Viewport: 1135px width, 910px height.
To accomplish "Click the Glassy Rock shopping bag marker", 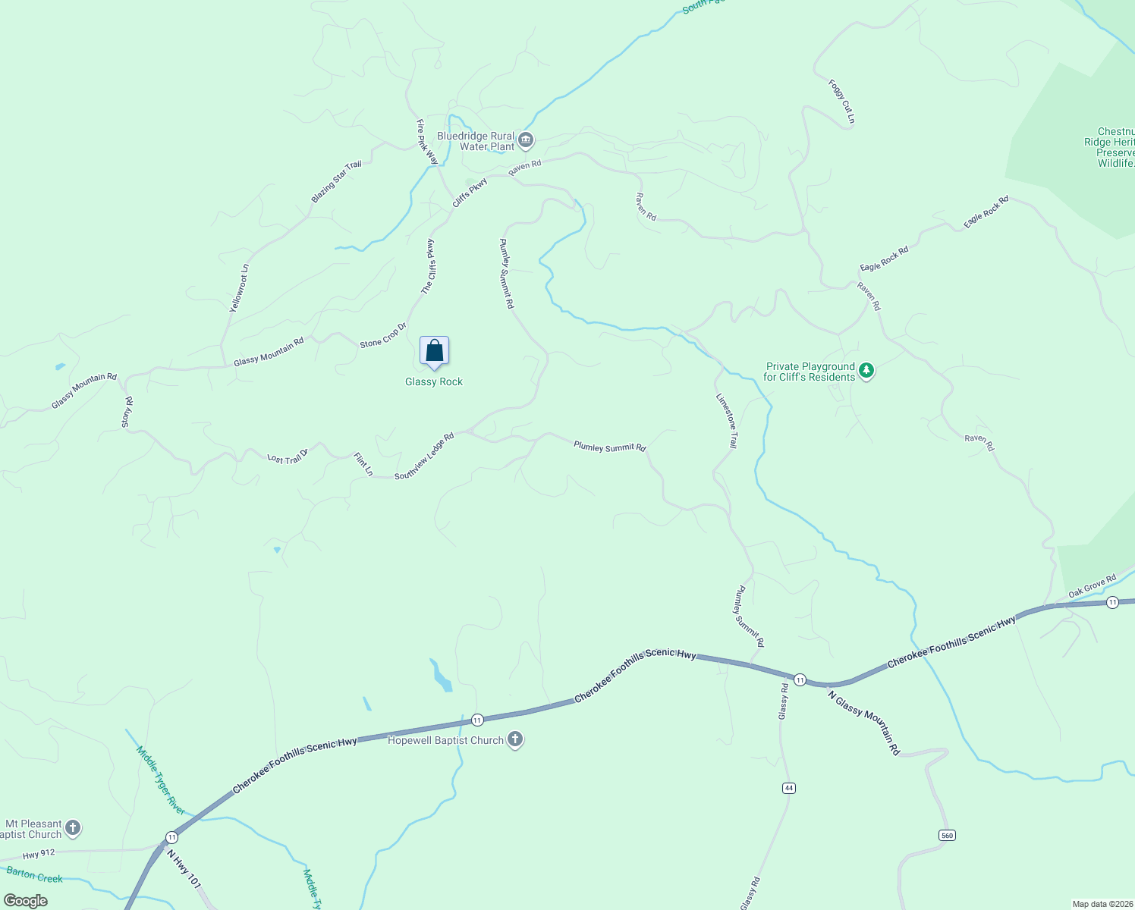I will tap(434, 352).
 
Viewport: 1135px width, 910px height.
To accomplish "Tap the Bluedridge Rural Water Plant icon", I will tap(526, 140).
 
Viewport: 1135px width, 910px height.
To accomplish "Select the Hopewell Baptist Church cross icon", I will tap(515, 739).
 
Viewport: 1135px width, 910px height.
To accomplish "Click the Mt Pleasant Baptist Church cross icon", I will tap(73, 828).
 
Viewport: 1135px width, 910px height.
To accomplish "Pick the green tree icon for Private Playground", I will tap(866, 372).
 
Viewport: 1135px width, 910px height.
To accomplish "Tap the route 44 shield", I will tap(789, 788).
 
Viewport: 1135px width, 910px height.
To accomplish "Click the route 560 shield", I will tap(946, 835).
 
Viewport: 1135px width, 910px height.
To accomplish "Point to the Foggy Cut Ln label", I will tap(842, 102).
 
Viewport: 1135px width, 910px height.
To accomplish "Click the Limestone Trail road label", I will tap(727, 420).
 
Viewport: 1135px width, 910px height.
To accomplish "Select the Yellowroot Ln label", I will tap(239, 289).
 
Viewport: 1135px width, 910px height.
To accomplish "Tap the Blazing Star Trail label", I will tap(336, 182).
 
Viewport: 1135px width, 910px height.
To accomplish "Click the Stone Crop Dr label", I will tap(383, 335).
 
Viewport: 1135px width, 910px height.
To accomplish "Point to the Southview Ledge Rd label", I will tap(424, 456).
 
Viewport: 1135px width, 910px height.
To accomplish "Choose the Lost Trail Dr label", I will tap(288, 457).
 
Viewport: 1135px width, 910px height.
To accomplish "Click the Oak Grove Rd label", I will tap(1092, 586).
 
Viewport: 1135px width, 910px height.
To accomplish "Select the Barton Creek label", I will tap(35, 875).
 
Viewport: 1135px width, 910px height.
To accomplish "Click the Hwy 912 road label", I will tap(39, 854).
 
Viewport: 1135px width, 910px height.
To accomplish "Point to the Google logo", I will tap(26, 900).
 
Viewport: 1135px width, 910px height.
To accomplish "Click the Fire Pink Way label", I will tap(427, 142).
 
